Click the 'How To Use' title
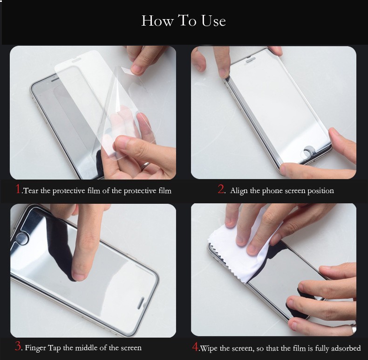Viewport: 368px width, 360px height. point(184,21)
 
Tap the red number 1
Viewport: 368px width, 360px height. point(18,189)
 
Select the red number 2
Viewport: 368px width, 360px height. point(221,189)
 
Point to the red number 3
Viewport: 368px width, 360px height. point(18,346)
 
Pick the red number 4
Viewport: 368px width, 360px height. point(195,346)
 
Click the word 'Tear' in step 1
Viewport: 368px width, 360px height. point(31,191)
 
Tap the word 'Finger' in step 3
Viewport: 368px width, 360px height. point(35,348)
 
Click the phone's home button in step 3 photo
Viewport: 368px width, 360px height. point(22,238)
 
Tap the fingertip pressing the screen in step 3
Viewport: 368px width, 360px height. point(78,276)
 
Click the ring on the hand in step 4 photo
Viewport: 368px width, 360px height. point(354,328)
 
